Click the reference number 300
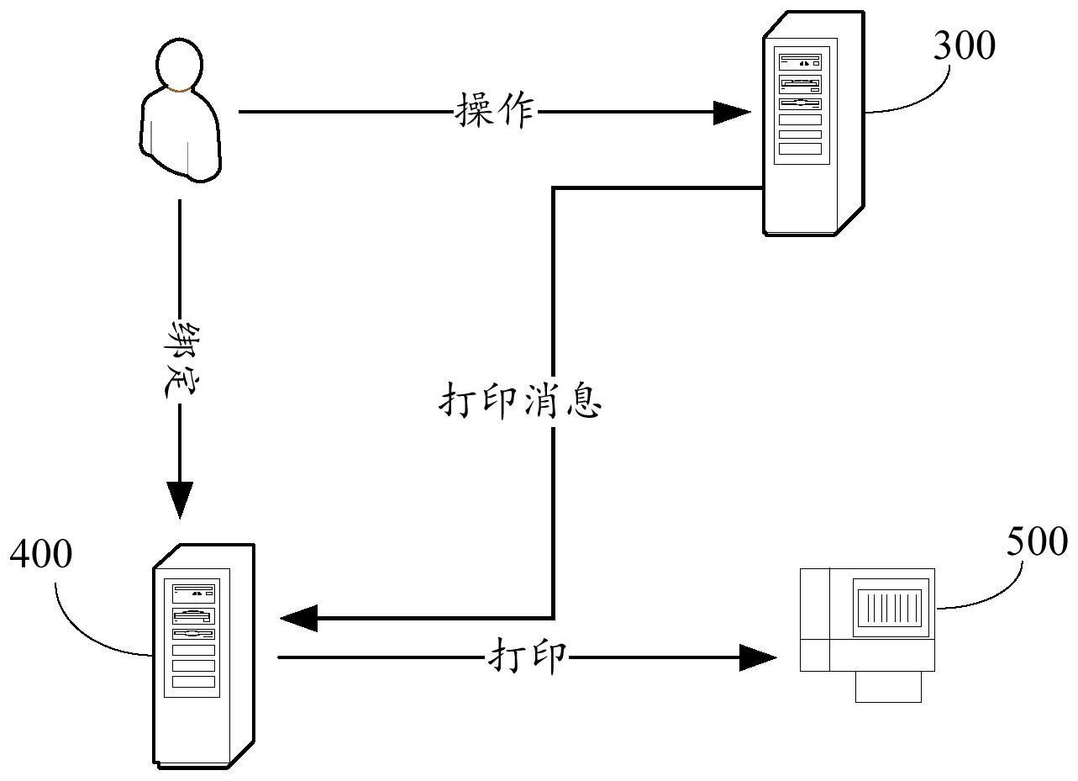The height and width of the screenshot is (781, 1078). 964,46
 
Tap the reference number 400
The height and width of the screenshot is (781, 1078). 40,556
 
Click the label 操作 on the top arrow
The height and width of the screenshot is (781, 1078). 495,110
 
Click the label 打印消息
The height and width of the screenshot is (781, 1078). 520,403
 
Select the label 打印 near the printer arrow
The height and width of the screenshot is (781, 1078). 528,657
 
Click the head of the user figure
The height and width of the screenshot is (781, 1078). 179,64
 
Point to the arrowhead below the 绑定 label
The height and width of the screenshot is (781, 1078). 180,499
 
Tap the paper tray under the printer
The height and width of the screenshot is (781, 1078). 888,686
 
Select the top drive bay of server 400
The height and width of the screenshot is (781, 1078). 194,591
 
